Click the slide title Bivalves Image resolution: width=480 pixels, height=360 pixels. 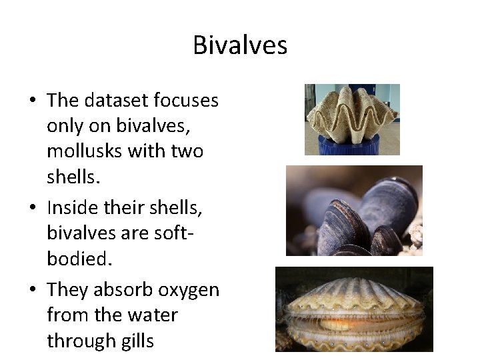click(240, 45)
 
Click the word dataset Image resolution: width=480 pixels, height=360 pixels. click(114, 100)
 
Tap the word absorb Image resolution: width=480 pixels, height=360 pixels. click(122, 290)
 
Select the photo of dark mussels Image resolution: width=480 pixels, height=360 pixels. click(354, 211)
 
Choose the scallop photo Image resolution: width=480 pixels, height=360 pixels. click(354, 309)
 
